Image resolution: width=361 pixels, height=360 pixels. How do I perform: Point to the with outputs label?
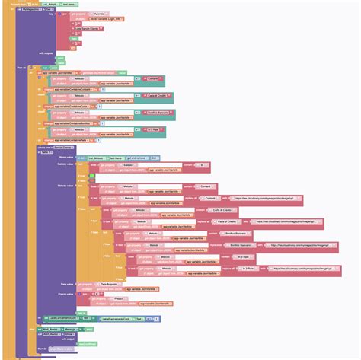tap(46, 53)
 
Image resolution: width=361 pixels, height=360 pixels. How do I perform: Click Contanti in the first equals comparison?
tap(153, 78)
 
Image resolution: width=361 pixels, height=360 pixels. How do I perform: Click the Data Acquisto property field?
tap(110, 284)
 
